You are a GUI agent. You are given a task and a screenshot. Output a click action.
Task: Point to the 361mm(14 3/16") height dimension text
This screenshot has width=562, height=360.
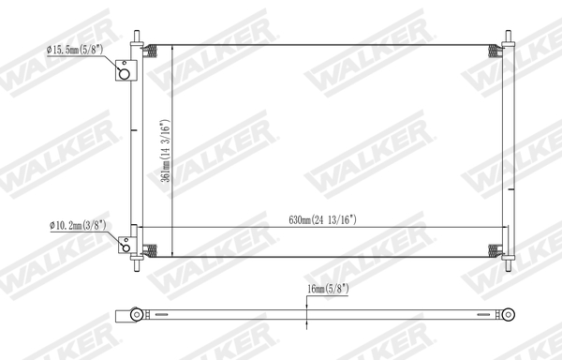point(164,158)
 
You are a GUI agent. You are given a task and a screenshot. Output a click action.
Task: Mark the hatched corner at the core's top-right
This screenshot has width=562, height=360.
point(495,52)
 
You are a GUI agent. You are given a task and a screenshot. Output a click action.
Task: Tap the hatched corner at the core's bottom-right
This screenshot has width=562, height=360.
point(495,250)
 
